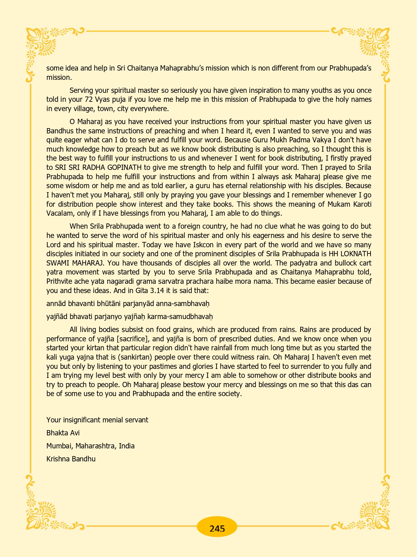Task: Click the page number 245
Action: pos(217,528)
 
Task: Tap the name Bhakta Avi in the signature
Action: pos(63,433)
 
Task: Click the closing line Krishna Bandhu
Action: pos(71,459)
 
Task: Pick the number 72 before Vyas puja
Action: pos(89,100)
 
